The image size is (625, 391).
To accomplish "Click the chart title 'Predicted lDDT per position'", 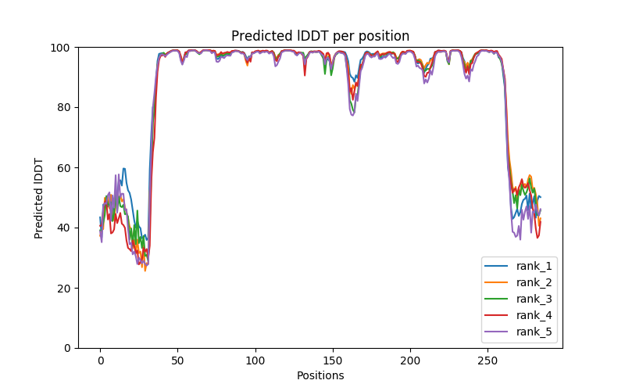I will pyautogui.click(x=320, y=36).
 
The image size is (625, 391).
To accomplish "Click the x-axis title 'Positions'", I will pyautogui.click(x=320, y=375).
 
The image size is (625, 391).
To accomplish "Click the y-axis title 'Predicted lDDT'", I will pyautogui.click(x=39, y=197).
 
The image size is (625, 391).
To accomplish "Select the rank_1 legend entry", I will pyautogui.click(x=534, y=266).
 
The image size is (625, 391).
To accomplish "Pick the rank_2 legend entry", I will pyautogui.click(x=534, y=282).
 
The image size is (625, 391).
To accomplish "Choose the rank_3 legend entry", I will pyautogui.click(x=534, y=299).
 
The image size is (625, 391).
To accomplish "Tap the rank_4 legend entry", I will pyautogui.click(x=534, y=315).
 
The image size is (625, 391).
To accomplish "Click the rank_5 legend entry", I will pyautogui.click(x=534, y=332).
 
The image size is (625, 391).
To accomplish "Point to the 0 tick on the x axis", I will pyautogui.click(x=100, y=360).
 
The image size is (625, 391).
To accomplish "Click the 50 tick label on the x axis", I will pyautogui.click(x=177, y=360).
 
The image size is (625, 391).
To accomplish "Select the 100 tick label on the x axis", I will pyautogui.click(x=255, y=360).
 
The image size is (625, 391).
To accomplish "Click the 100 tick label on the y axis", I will pyautogui.click(x=60, y=48).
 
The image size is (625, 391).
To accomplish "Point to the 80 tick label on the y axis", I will pyautogui.click(x=63, y=108).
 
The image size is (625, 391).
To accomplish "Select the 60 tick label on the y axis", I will pyautogui.click(x=63, y=167).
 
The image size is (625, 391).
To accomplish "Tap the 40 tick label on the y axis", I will pyautogui.click(x=63, y=228).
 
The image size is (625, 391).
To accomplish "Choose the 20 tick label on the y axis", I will pyautogui.click(x=63, y=288).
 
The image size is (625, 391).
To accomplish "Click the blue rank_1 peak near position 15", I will pyautogui.click(x=123, y=169).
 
